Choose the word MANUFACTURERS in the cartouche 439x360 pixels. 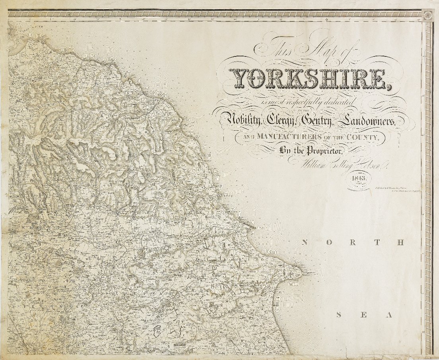pyautogui.click(x=284, y=137)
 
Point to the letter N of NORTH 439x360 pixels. pyautogui.click(x=305, y=243)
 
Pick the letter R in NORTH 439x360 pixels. pyautogui.click(x=352, y=243)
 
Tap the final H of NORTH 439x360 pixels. pyautogui.click(x=401, y=243)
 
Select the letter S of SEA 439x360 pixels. pyautogui.click(x=339, y=315)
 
